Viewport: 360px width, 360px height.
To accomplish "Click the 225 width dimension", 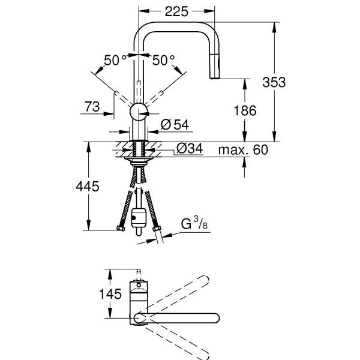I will pos(176,11).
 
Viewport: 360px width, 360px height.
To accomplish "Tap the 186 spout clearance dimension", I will pos(244,110).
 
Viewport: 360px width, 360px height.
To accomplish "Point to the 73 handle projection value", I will pos(92,107).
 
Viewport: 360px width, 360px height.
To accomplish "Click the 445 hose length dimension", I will pos(86,187).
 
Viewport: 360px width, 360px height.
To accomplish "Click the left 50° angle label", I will pos(115,59).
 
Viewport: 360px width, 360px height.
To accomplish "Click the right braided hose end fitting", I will pos(157,229).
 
